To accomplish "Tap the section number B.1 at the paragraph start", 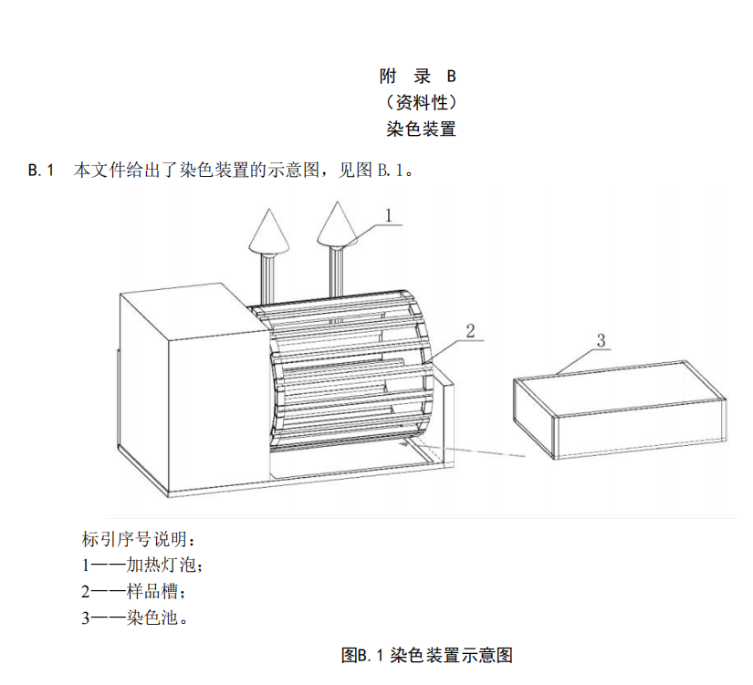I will point(42,171).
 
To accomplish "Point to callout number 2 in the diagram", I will point(469,330).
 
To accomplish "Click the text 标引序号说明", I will point(137,537).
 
